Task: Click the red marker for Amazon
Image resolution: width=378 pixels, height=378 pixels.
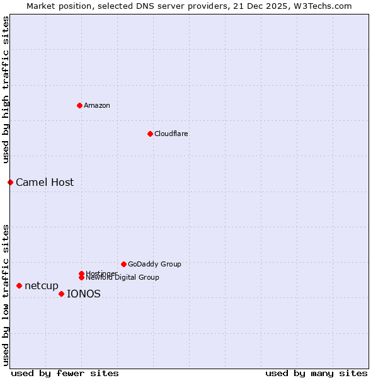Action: tap(79, 105)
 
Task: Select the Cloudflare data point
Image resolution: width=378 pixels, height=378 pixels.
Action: tap(150, 134)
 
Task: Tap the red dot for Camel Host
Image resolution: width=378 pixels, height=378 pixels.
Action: tap(10, 182)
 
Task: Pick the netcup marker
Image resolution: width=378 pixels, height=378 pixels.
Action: tap(19, 286)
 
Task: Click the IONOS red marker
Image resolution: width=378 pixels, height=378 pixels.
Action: tap(61, 294)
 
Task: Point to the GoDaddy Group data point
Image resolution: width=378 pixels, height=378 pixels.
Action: tap(123, 264)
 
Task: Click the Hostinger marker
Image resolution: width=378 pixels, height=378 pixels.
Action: tap(81, 273)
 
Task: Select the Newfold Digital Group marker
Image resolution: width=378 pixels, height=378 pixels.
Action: tap(81, 278)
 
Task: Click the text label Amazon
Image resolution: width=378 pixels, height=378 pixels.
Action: tap(97, 105)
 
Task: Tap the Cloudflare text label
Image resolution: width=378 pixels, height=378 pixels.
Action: tap(171, 134)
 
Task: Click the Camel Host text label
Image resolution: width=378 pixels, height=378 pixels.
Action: tap(45, 182)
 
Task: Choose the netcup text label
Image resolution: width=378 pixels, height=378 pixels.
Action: tap(42, 286)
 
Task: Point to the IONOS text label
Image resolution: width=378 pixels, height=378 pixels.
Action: tap(84, 294)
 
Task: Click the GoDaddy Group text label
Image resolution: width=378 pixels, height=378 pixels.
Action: tap(154, 264)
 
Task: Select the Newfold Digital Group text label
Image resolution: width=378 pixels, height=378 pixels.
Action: tap(123, 278)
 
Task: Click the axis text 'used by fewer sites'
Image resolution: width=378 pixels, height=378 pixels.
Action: tap(65, 373)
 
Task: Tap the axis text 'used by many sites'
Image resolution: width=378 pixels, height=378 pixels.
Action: tap(316, 373)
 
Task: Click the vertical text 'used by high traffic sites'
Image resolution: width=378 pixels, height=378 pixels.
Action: tap(6, 90)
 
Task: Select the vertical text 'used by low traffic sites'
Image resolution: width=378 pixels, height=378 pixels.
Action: tap(6, 294)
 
